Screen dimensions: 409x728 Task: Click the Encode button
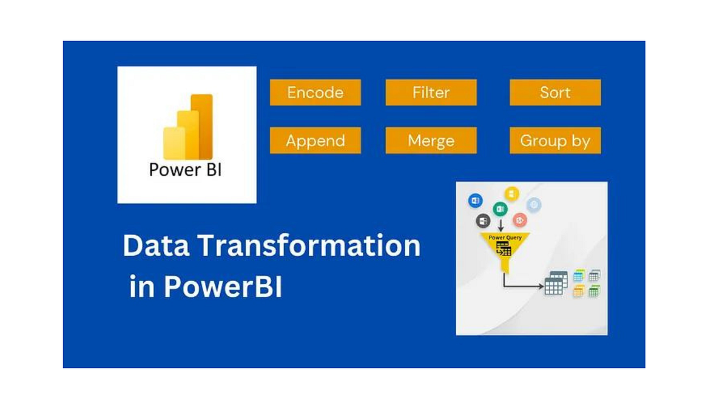[315, 93]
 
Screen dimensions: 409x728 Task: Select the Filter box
[431, 93]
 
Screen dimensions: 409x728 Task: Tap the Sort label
[555, 93]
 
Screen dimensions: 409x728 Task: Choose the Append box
[315, 141]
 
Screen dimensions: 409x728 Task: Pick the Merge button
[431, 141]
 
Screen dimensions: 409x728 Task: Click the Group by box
[555, 141]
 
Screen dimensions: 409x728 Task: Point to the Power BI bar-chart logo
[187, 127]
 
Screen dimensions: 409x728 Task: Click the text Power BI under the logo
[185, 169]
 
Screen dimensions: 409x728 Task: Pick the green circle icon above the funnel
[500, 209]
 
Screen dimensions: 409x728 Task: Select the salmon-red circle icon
[519, 219]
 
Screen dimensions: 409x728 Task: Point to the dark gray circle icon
[484, 221]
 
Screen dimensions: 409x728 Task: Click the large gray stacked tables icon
[556, 283]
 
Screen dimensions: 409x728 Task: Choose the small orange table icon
[579, 291]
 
